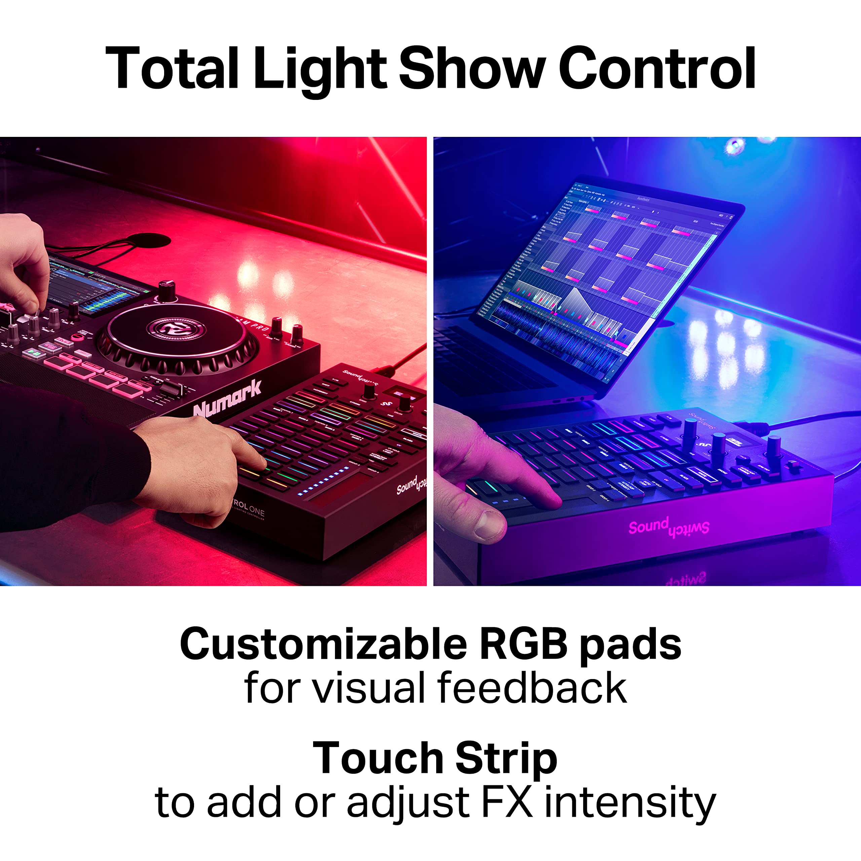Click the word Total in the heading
tap(172, 69)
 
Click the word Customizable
tap(323, 644)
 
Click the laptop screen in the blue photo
tap(597, 267)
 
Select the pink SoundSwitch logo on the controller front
tap(669, 528)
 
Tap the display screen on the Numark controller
tap(96, 285)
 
